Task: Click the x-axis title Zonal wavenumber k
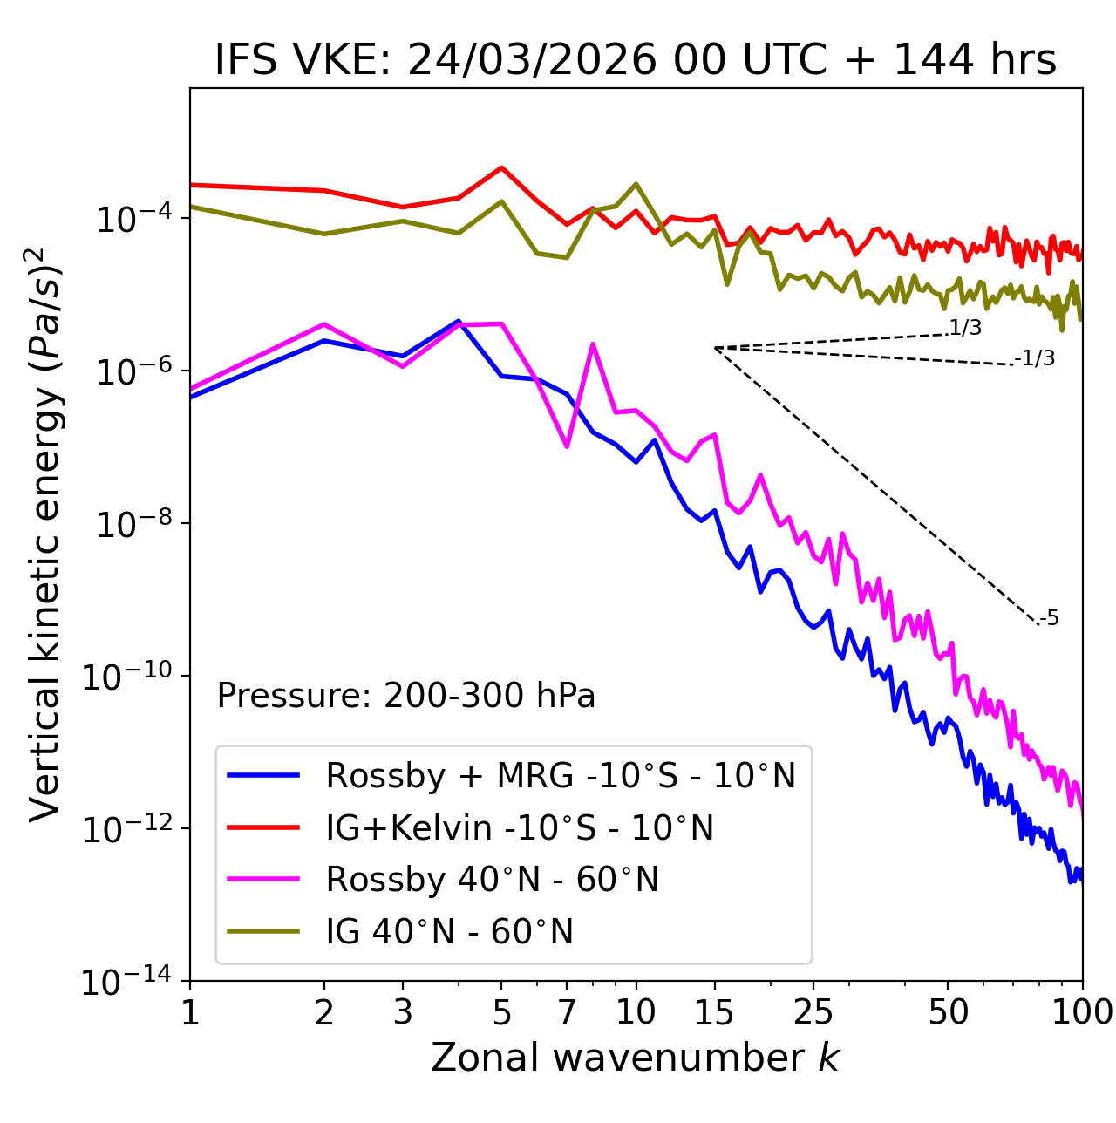pyautogui.click(x=635, y=1058)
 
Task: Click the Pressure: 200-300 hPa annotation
pyautogui.click(x=406, y=696)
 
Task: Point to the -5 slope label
pyautogui.click(x=1049, y=619)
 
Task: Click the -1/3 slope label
pyautogui.click(x=1035, y=358)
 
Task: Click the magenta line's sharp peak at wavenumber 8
pyautogui.click(x=593, y=344)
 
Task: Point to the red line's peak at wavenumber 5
pyautogui.click(x=501, y=167)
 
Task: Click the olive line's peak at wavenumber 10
pyautogui.click(x=636, y=184)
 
